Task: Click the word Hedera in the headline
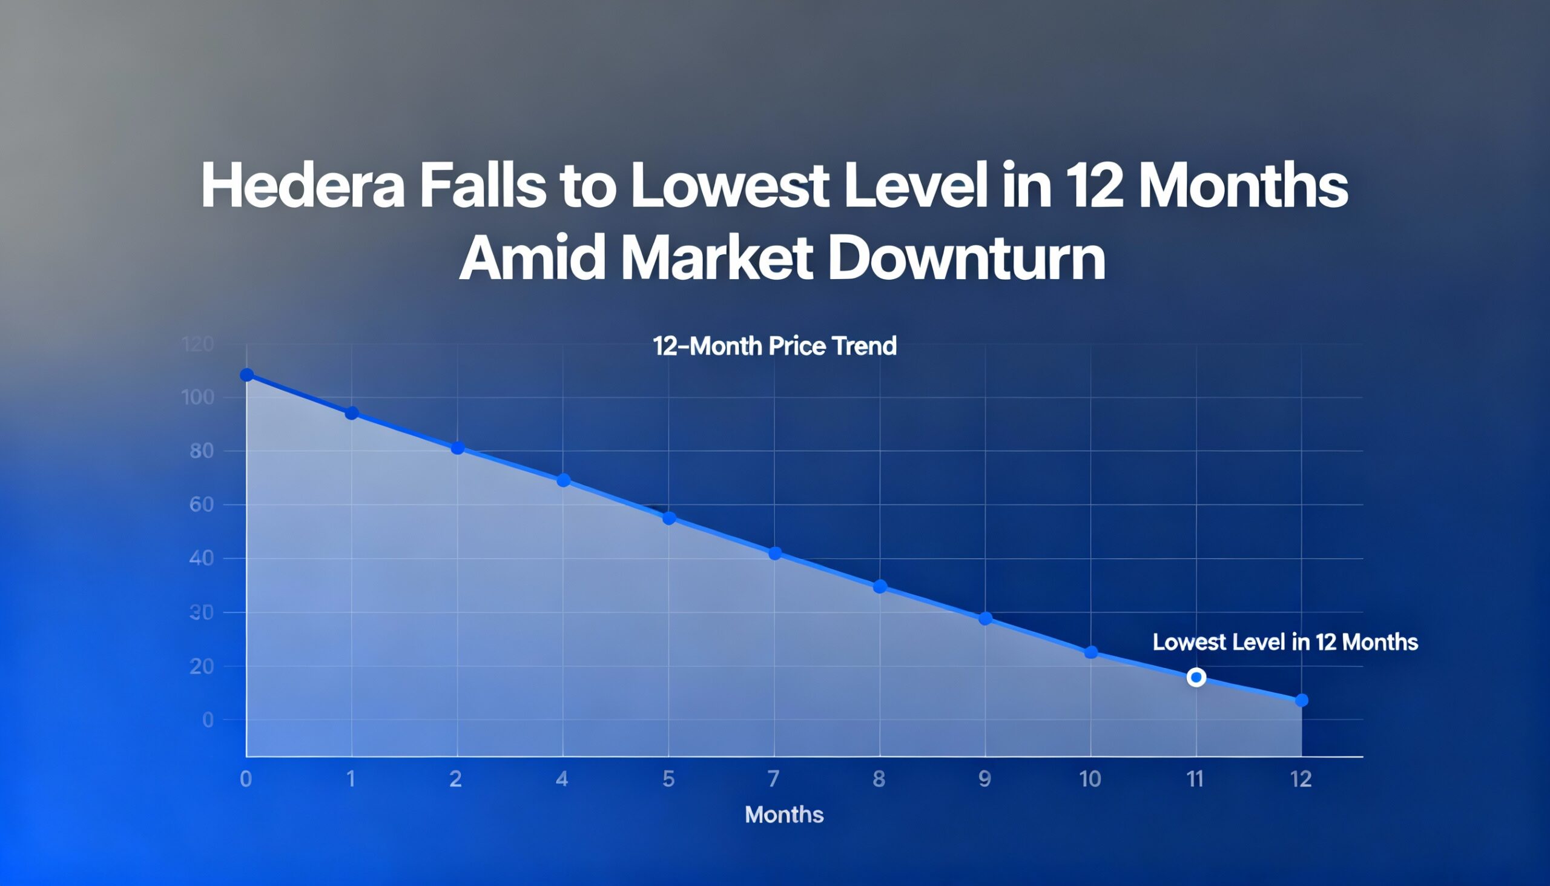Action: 302,185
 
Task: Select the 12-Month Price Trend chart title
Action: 774,346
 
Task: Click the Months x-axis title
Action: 784,814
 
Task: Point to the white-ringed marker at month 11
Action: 1196,677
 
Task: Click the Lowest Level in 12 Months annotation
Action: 1285,642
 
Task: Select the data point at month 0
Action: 247,375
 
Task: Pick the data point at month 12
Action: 1301,701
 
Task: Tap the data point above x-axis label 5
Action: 668,518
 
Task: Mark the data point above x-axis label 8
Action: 880,587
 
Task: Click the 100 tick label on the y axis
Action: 198,398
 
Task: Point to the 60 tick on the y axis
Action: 202,504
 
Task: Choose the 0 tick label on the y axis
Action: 208,720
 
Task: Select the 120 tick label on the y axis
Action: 198,345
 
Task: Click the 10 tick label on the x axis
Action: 1090,779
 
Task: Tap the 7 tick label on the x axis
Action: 773,779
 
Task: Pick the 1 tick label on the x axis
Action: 351,779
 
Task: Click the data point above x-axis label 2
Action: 458,449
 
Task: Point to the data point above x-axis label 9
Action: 986,619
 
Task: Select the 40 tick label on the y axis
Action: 202,558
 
